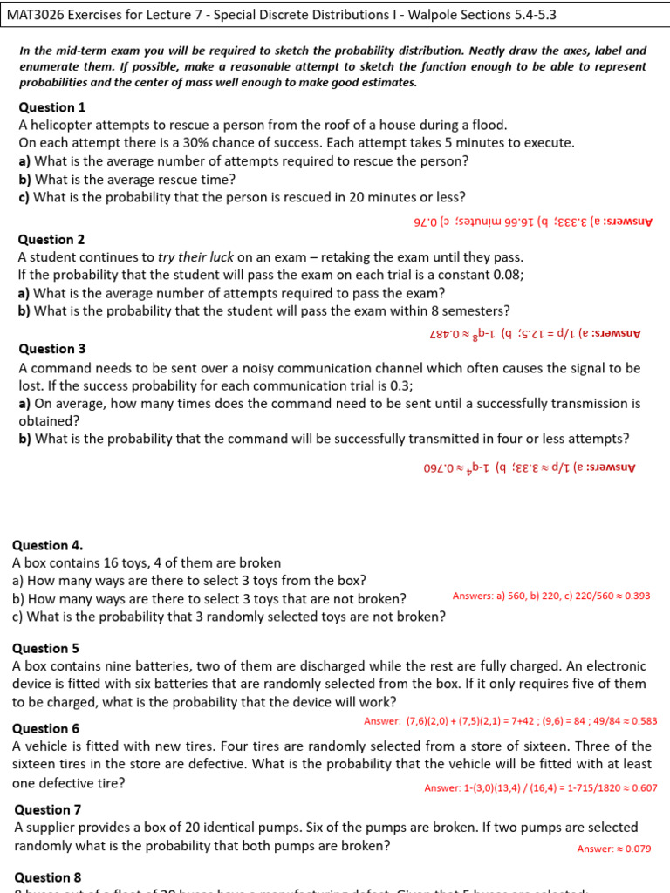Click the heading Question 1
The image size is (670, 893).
tap(52, 107)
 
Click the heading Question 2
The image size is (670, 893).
tap(52, 240)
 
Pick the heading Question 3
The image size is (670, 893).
tap(52, 349)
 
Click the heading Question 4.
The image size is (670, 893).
tap(52, 545)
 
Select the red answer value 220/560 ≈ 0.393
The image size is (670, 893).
tap(604, 596)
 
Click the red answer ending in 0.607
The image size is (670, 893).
tap(541, 788)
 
